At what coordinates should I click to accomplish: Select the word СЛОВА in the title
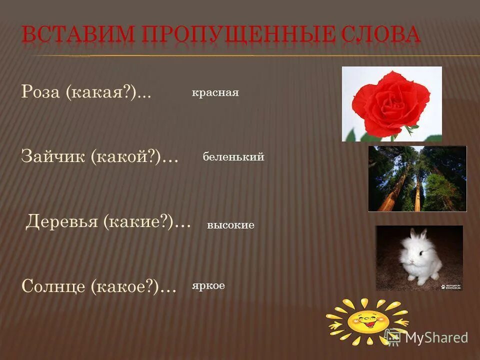tap(380, 35)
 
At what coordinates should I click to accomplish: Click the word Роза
tap(40, 92)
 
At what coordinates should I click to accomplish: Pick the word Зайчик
tap(53, 157)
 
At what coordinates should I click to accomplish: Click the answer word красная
tap(215, 93)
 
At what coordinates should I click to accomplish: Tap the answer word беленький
tap(233, 157)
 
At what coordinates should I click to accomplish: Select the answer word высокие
tap(230, 225)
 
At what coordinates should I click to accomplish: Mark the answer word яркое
tap(208, 285)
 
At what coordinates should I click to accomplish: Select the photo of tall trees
tap(417, 178)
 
